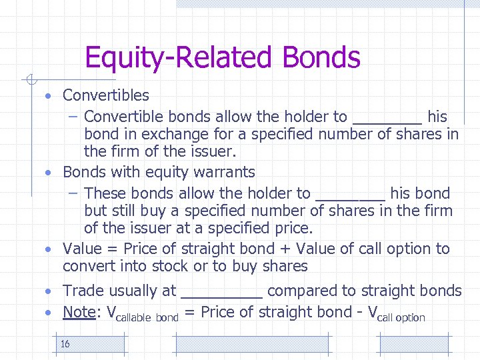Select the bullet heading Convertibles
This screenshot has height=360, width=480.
[x=106, y=96]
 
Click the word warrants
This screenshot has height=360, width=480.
[x=223, y=172]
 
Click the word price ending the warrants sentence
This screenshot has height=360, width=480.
[x=293, y=228]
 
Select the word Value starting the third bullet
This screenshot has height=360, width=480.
[x=83, y=249]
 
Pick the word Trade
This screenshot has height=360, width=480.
[x=83, y=291]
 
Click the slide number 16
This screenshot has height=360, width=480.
[x=65, y=344]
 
